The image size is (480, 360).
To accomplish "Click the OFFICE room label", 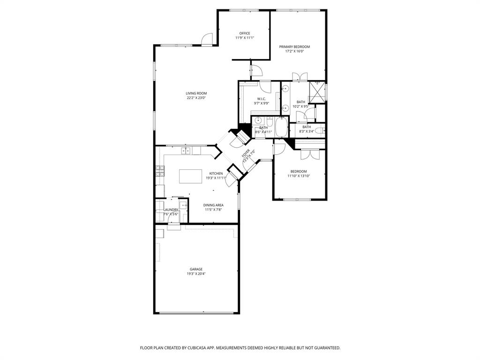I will click(245, 33).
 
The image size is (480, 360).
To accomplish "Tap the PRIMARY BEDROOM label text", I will click(294, 46).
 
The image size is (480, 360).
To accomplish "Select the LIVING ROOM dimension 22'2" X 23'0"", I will click(196, 98).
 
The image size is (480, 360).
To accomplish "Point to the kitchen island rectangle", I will click(190, 176).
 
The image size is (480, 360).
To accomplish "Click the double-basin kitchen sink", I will click(186, 150).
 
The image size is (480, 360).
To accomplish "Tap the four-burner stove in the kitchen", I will click(160, 171).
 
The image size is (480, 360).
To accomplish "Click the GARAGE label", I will click(196, 269).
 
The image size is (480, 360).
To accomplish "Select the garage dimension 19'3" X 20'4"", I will click(196, 274).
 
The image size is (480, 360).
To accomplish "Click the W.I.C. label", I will click(261, 98).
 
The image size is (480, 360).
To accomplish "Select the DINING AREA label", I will click(213, 205).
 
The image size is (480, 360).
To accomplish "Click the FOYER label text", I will click(246, 154).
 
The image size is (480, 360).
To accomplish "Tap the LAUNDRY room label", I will click(171, 210).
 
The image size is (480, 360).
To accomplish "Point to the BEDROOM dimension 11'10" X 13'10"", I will click(299, 176).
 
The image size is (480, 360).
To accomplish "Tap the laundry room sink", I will click(183, 205).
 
